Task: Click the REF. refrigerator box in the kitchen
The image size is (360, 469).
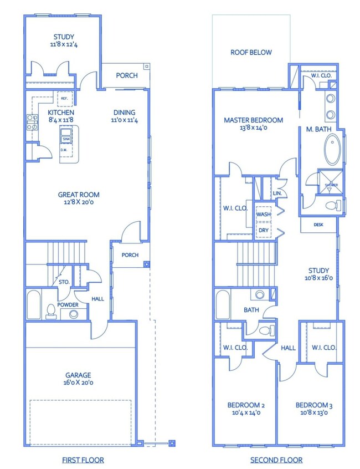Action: point(65,99)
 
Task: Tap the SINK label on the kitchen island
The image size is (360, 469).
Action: point(66,139)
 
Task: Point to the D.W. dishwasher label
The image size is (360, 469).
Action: point(64,150)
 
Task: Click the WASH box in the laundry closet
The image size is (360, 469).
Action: point(263,214)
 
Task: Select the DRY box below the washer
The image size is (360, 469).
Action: point(263,230)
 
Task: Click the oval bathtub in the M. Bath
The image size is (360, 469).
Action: point(332,149)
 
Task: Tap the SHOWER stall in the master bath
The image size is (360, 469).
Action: point(331,182)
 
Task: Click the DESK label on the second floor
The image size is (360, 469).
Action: point(318,225)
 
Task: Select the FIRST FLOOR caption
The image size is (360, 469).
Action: point(83,460)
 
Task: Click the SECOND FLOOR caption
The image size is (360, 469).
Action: point(276,460)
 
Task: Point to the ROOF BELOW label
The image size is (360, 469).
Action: point(251,52)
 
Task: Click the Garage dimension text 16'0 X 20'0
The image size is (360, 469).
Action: point(78,383)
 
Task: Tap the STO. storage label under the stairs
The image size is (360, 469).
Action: point(64,282)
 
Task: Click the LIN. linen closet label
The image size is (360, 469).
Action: point(277,193)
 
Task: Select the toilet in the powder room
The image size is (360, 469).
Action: point(50,312)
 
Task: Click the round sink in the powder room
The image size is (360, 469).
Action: point(74,314)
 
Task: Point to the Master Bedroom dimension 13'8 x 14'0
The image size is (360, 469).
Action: point(253,128)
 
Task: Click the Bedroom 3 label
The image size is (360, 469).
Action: point(314,405)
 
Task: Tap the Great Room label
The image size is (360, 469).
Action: point(79,195)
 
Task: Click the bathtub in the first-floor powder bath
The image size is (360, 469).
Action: point(33,304)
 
